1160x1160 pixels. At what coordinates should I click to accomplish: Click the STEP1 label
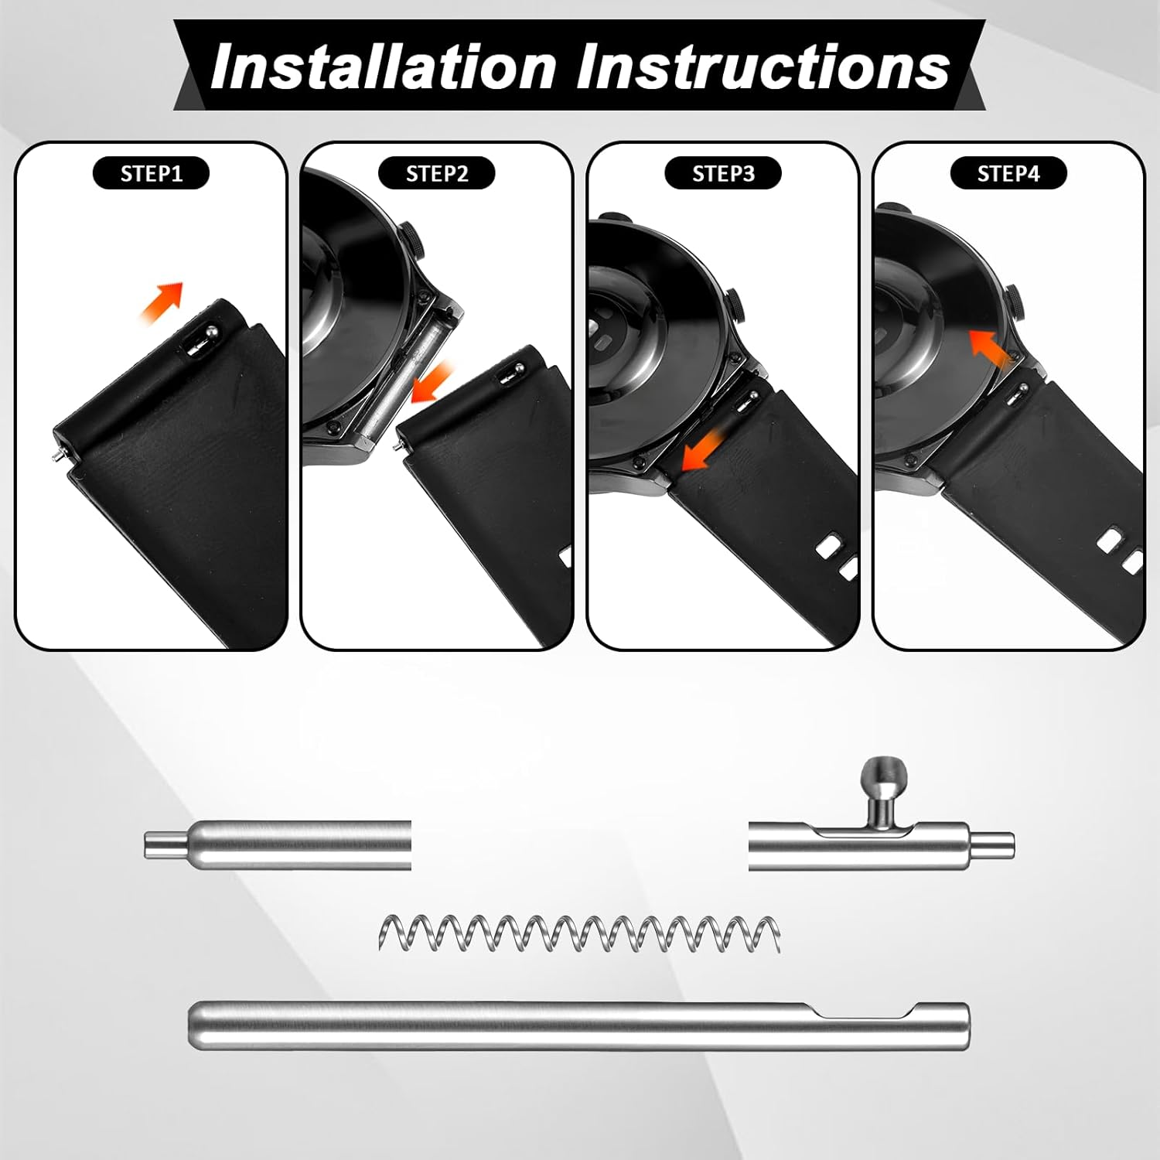[152, 173]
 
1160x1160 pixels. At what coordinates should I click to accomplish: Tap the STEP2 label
[437, 173]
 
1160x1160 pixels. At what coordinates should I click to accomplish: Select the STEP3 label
[723, 173]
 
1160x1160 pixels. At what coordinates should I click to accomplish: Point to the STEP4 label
[1008, 173]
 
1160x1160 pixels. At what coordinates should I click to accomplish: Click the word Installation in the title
[384, 67]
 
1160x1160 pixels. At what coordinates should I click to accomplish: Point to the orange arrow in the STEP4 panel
[991, 347]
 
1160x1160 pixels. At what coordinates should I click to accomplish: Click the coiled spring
[579, 933]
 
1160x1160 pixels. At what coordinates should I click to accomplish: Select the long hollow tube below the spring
[578, 1025]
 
